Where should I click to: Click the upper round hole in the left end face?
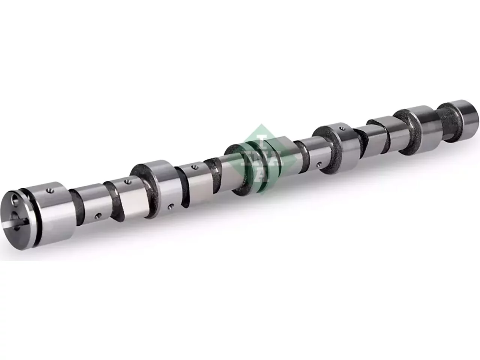click(16, 199)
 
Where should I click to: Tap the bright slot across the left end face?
click(15, 222)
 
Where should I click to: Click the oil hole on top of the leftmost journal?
click(51, 191)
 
